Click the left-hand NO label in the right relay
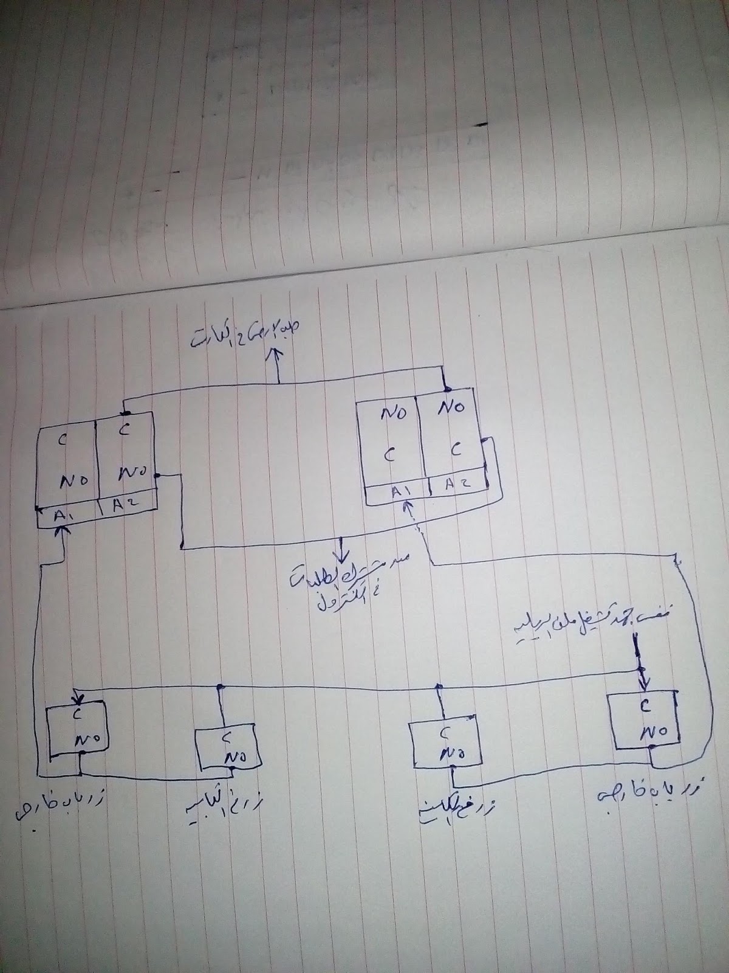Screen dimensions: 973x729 click(394, 414)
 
